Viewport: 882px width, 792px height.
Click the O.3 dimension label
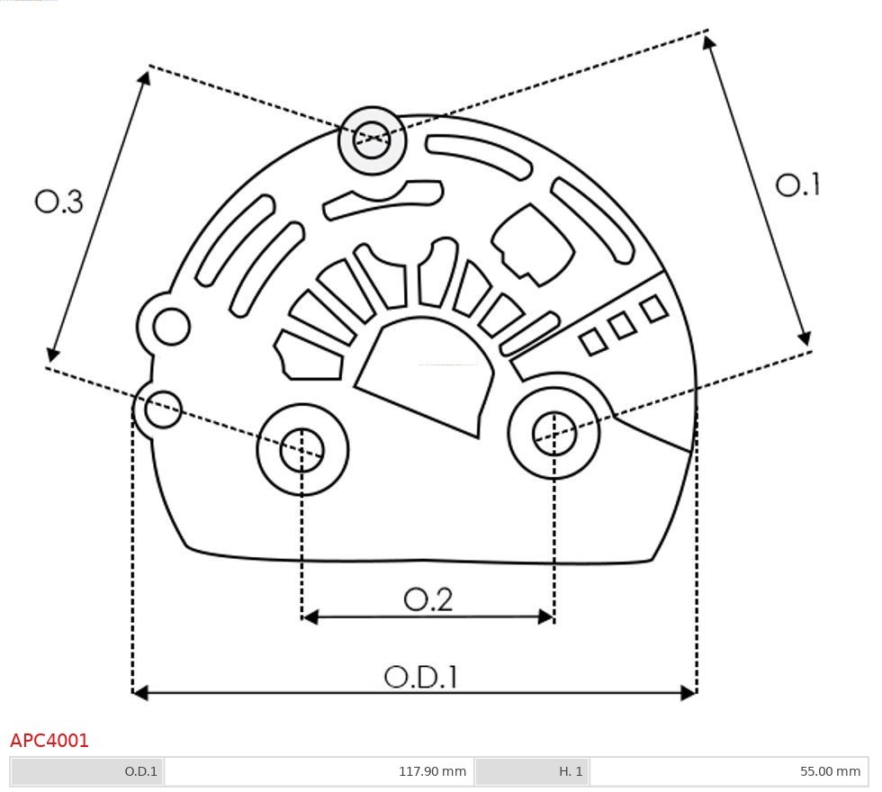coord(59,202)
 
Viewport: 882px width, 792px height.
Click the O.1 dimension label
coord(798,185)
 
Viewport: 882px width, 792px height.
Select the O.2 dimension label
coord(428,599)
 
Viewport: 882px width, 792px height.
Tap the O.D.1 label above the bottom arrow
coord(421,677)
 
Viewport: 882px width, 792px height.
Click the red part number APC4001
coord(49,741)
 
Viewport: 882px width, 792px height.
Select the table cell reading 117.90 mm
coord(432,771)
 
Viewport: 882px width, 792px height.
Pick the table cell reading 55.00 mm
coord(830,771)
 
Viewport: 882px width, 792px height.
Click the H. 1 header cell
coord(571,771)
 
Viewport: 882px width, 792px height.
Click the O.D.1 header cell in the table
coord(140,771)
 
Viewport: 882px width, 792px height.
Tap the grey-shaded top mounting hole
coord(372,139)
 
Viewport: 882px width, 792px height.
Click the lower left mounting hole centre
coord(302,449)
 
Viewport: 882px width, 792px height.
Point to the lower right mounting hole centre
coord(554,433)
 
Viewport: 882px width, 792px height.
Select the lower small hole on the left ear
coord(163,409)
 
